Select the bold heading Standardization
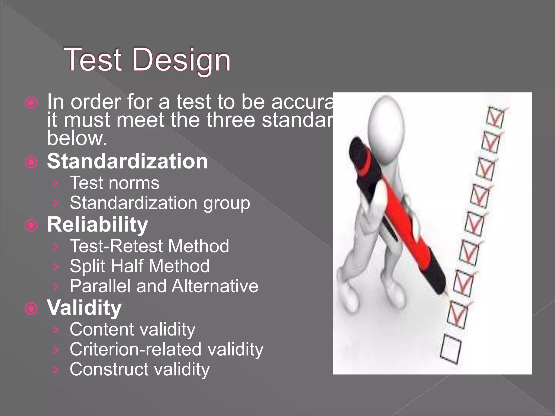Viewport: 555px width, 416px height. click(x=127, y=161)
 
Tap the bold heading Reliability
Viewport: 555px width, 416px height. click(x=98, y=225)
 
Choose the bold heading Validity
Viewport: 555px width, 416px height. click(x=84, y=308)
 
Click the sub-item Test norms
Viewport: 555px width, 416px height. click(x=115, y=183)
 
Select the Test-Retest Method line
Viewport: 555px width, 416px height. click(x=149, y=246)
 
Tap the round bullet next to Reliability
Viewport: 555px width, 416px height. click(x=31, y=225)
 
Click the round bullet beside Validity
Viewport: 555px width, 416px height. click(x=31, y=308)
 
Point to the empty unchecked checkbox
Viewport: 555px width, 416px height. click(x=450, y=350)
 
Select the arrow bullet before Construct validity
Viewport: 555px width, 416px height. click(x=56, y=370)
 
